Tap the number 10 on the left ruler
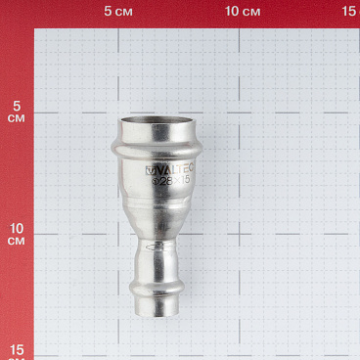16,228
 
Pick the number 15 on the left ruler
16,349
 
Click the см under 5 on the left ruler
16,119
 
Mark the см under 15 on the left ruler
16,358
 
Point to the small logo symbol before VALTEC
150,168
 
